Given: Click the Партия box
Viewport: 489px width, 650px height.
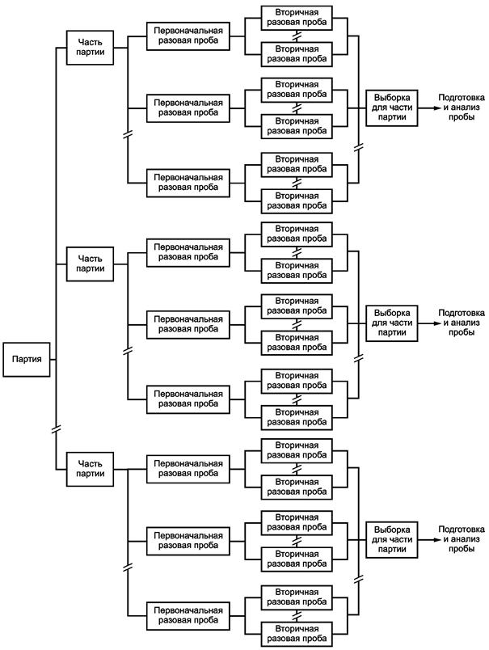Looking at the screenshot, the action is [27, 360].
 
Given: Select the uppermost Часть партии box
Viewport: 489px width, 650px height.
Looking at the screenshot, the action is [90, 47].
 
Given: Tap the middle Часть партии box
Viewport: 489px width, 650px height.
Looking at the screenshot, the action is [90, 264].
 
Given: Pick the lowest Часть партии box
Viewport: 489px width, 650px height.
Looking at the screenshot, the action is [90, 469].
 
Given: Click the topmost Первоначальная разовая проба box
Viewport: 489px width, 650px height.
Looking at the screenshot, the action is [188, 36].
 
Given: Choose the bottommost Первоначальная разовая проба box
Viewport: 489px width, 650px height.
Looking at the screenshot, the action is [188, 615].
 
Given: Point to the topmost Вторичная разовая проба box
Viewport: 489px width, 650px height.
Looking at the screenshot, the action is [297, 18].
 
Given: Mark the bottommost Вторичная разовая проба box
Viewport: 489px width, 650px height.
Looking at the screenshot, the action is [297, 634].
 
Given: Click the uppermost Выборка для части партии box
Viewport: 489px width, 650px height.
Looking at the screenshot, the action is [392, 108].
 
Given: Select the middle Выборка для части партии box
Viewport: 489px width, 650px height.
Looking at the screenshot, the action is [392, 323].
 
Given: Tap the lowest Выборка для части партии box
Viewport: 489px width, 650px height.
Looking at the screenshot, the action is [392, 540].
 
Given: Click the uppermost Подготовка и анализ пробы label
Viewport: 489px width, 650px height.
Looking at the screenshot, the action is [462, 108].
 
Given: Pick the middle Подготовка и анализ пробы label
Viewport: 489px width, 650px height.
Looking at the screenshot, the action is [462, 323].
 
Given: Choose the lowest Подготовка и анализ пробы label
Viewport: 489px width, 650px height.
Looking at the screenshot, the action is [462, 539].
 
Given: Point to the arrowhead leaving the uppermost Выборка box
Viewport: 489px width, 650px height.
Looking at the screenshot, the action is [434, 108].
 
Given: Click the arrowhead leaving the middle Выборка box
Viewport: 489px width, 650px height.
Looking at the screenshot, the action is [434, 323].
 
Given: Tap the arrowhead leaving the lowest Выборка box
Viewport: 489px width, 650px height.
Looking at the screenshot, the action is [434, 540].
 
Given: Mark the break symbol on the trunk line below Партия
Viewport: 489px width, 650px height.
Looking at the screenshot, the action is [56, 429].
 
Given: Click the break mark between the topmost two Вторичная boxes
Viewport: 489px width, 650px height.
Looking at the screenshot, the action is [297, 36].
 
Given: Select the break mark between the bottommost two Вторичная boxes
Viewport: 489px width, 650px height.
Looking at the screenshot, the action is [297, 615].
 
